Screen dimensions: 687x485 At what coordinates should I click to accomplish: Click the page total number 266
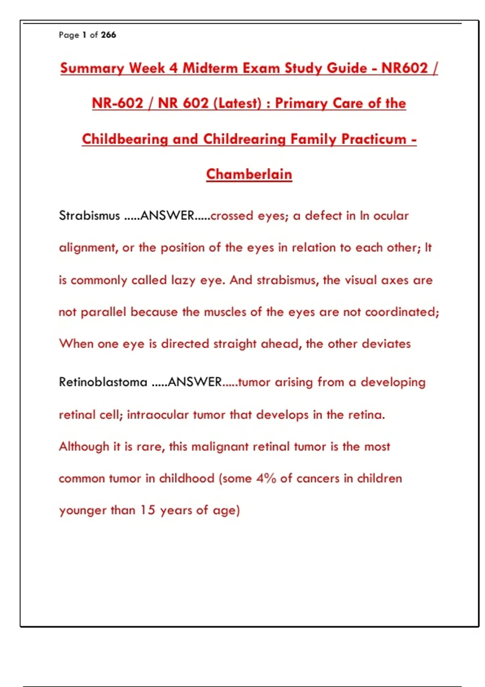coord(108,35)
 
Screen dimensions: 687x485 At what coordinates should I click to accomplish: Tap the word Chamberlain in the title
coord(249,174)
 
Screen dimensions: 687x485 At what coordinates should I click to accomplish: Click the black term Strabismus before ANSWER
coord(89,215)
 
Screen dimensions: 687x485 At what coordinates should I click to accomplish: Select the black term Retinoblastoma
coord(103,382)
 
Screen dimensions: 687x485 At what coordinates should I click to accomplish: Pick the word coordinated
coord(402,312)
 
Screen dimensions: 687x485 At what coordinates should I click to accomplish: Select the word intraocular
coord(158,415)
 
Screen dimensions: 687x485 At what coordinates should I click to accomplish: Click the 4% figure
coord(266,478)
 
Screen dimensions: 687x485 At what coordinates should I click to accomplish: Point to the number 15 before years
coord(148,510)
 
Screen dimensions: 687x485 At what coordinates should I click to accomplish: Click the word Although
coord(84,447)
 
